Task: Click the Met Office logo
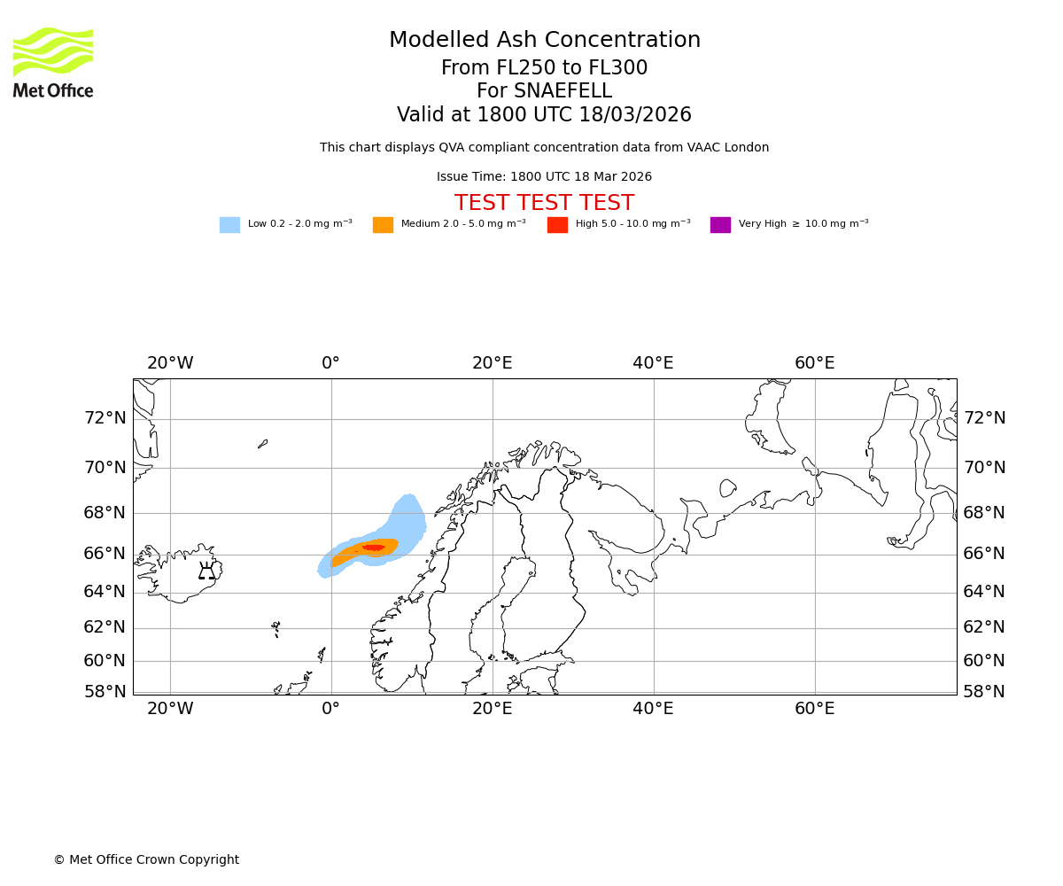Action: [53, 62]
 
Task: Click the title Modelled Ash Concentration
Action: [544, 41]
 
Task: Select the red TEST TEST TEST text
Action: [544, 204]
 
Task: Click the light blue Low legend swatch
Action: [229, 225]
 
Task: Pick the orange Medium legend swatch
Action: [383, 225]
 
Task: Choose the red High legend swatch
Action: [557, 225]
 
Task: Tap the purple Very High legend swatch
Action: [720, 225]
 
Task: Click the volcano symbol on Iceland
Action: [206, 571]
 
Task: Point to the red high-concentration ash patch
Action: [373, 548]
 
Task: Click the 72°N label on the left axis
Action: [105, 418]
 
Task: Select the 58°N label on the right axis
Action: [984, 692]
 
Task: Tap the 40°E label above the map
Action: [653, 363]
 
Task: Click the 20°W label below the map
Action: [170, 709]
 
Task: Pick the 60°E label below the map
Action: [814, 709]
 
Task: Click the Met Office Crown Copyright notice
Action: [146, 860]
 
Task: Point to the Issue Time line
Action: [544, 177]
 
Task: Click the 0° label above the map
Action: [331, 363]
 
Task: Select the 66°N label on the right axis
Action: [984, 554]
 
